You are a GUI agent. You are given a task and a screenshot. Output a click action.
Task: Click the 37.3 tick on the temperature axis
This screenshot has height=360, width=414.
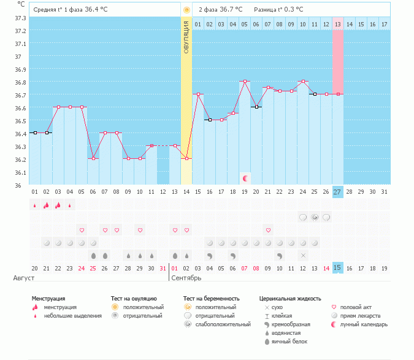[20, 18]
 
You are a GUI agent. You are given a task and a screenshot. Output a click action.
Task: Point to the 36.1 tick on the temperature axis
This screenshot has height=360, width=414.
[20, 173]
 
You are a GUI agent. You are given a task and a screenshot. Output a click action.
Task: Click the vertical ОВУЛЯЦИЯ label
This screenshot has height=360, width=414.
[186, 36]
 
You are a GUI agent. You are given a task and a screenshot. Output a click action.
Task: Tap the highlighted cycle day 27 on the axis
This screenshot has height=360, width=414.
[338, 192]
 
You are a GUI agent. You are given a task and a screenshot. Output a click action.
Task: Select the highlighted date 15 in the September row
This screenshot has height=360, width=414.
[338, 268]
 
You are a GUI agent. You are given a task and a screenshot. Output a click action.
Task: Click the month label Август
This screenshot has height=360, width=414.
[20, 278]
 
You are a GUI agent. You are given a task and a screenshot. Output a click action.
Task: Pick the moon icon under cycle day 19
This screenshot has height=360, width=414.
[245, 178]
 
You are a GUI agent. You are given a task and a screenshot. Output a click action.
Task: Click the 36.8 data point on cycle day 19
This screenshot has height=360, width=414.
[245, 82]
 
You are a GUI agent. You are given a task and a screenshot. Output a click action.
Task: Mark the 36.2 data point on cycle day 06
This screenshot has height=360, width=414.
[93, 158]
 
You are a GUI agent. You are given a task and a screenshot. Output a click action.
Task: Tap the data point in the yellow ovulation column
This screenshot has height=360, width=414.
[186, 158]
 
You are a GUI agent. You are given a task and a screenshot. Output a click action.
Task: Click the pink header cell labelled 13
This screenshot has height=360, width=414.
[338, 24]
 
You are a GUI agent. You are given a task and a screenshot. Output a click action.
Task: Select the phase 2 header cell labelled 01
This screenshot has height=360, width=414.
[198, 24]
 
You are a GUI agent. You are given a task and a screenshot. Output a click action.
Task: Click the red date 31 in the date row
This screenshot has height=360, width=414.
[163, 268]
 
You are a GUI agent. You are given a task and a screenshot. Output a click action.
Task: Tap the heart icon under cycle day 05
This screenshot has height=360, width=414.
[82, 230]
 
